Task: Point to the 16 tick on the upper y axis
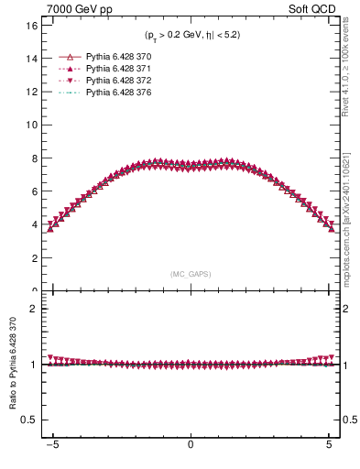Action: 31,26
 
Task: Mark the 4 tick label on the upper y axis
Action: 34,225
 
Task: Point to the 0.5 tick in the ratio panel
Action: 29,420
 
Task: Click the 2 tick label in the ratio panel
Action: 34,309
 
